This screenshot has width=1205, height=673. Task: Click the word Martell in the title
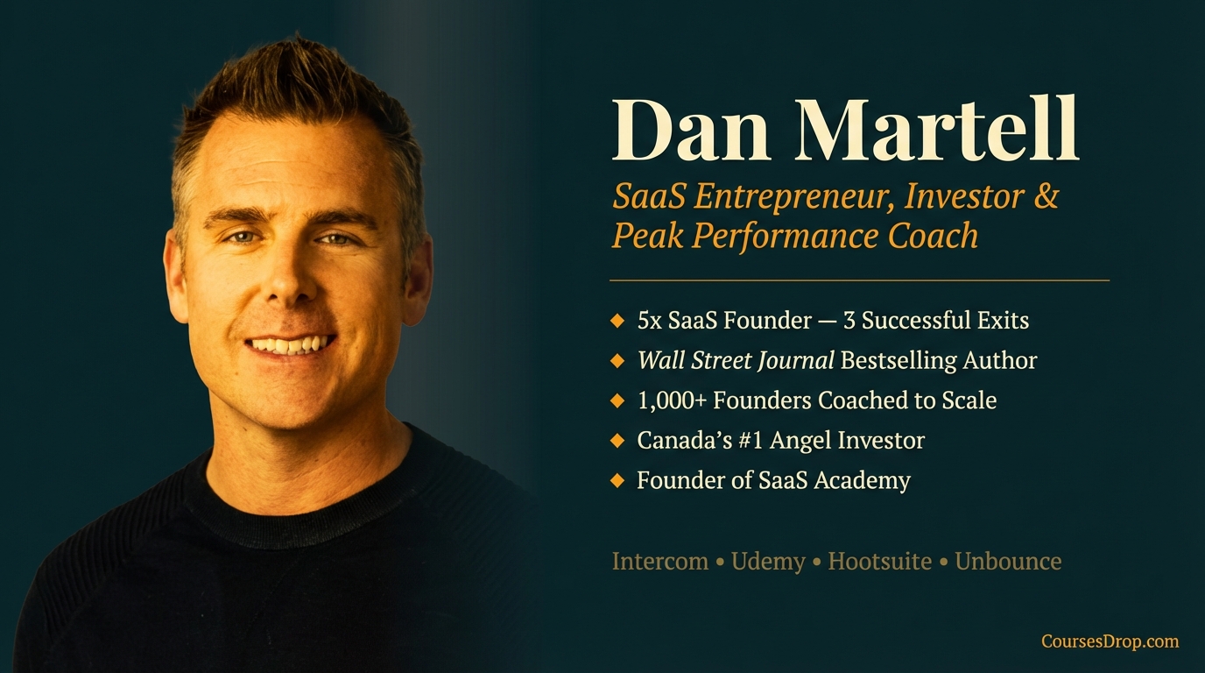(936, 131)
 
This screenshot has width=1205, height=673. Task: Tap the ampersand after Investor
(1046, 196)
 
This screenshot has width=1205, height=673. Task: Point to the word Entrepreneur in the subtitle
(795, 198)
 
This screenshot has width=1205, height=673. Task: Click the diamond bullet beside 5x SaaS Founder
(617, 320)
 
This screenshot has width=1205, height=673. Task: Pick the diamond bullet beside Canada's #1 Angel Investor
(617, 440)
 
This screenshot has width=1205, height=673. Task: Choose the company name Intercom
(660, 561)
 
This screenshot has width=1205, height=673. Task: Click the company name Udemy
(768, 561)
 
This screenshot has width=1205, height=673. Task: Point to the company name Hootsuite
(879, 561)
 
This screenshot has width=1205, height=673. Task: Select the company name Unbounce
(1008, 561)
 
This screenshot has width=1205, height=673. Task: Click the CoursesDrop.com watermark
(1110, 641)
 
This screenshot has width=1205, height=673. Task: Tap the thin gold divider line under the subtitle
(858, 280)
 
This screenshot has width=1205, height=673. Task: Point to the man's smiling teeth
(290, 344)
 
